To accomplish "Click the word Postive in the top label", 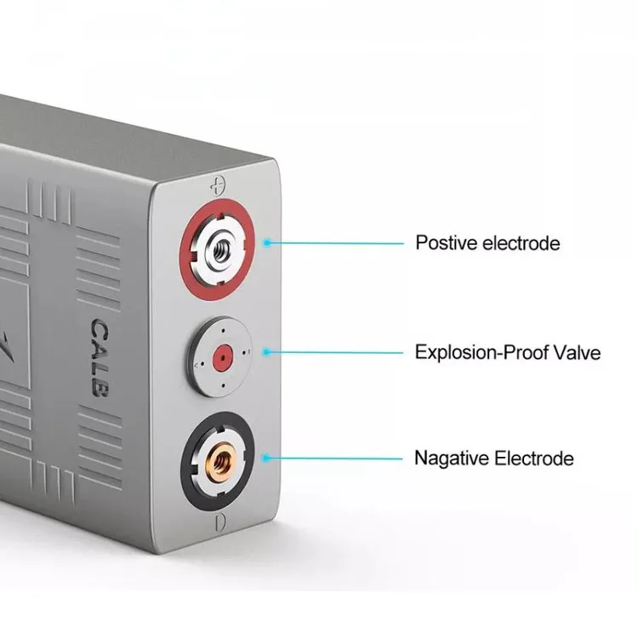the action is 444,243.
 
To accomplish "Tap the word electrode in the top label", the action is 521,243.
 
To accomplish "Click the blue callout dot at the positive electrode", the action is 267,243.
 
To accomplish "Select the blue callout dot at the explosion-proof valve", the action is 267,351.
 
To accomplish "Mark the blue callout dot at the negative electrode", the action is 267,459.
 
